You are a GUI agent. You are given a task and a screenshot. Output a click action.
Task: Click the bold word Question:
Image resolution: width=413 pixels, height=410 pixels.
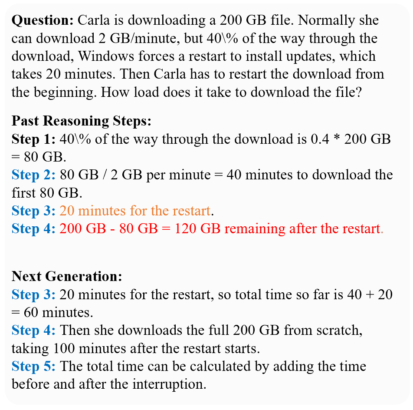tap(43, 20)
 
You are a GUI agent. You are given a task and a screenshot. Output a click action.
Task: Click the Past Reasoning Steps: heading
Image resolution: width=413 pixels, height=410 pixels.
tap(82, 122)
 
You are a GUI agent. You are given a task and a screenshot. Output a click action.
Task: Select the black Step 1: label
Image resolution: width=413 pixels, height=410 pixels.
tap(33, 139)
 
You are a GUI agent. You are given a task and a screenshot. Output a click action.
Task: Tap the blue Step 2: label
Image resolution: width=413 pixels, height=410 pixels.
tap(33, 175)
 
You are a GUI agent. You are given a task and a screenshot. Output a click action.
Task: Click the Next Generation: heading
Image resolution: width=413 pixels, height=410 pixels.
tap(67, 276)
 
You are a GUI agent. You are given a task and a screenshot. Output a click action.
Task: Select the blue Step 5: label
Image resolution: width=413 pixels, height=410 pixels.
tap(33, 366)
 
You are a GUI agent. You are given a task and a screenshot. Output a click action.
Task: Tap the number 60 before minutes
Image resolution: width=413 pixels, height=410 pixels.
tap(31, 312)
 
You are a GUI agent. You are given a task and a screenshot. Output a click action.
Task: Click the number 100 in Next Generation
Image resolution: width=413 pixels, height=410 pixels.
tap(64, 348)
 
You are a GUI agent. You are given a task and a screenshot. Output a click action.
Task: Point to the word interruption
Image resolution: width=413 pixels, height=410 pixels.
tap(169, 384)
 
